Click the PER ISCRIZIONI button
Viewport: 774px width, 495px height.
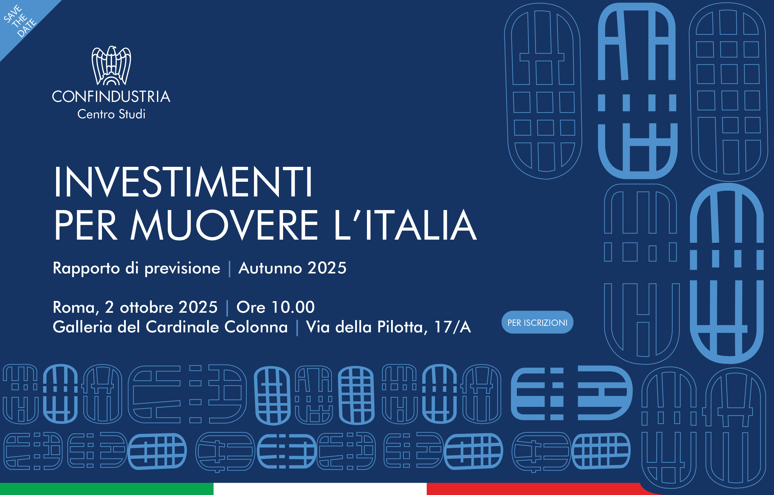537,322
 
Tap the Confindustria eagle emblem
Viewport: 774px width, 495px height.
111,65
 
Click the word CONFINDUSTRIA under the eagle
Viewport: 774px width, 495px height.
111,96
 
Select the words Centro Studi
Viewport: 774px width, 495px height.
111,114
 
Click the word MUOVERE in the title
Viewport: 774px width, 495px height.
224,225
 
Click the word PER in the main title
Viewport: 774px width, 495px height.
85,225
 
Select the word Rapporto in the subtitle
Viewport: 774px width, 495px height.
86,269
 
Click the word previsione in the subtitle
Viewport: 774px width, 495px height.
182,269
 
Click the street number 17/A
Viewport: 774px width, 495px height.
453,327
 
